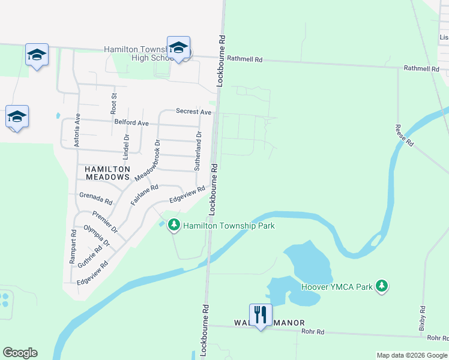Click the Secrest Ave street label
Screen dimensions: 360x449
tap(193, 112)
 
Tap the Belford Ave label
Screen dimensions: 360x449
tap(131, 123)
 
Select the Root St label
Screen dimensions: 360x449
tap(113, 103)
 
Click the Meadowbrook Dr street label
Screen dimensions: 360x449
tap(146, 161)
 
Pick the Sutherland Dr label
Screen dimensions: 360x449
tap(198, 151)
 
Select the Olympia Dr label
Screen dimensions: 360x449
tap(97, 236)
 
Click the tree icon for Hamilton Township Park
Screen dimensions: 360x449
tap(174, 225)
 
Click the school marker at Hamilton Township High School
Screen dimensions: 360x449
tap(178, 47)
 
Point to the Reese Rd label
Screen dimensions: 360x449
tap(404, 136)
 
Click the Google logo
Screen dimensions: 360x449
tap(20, 353)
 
